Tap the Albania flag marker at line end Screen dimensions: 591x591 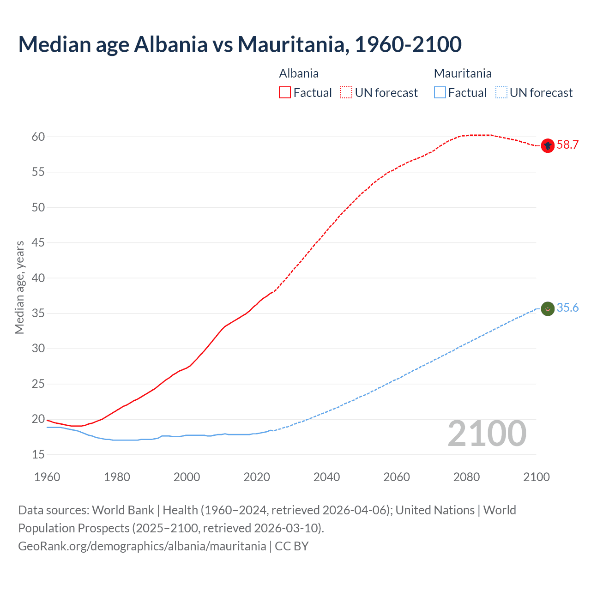pos(548,145)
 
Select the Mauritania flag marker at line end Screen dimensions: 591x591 pos(548,308)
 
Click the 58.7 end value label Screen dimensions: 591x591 pos(567,145)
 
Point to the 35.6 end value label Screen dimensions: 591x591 pos(567,308)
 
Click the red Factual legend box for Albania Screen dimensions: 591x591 pos(285,93)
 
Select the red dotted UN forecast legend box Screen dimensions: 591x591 pos(346,93)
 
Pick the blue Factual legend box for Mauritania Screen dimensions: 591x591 pos(440,93)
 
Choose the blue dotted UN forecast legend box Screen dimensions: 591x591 pos(501,93)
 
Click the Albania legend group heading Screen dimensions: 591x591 pos(299,73)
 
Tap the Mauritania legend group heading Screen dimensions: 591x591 pos(463,73)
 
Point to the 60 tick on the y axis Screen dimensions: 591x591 pos(38,137)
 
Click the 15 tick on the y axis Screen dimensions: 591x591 pos(38,455)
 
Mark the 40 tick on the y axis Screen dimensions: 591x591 pos(38,278)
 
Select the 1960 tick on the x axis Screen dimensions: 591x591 pos(47,477)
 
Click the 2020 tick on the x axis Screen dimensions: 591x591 pos(257,477)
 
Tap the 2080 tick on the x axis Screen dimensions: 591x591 pos(466,477)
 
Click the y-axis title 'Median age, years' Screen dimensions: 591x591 pos(19,287)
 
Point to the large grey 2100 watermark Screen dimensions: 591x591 pos(487,434)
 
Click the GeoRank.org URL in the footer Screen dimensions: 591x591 pos(142,546)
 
